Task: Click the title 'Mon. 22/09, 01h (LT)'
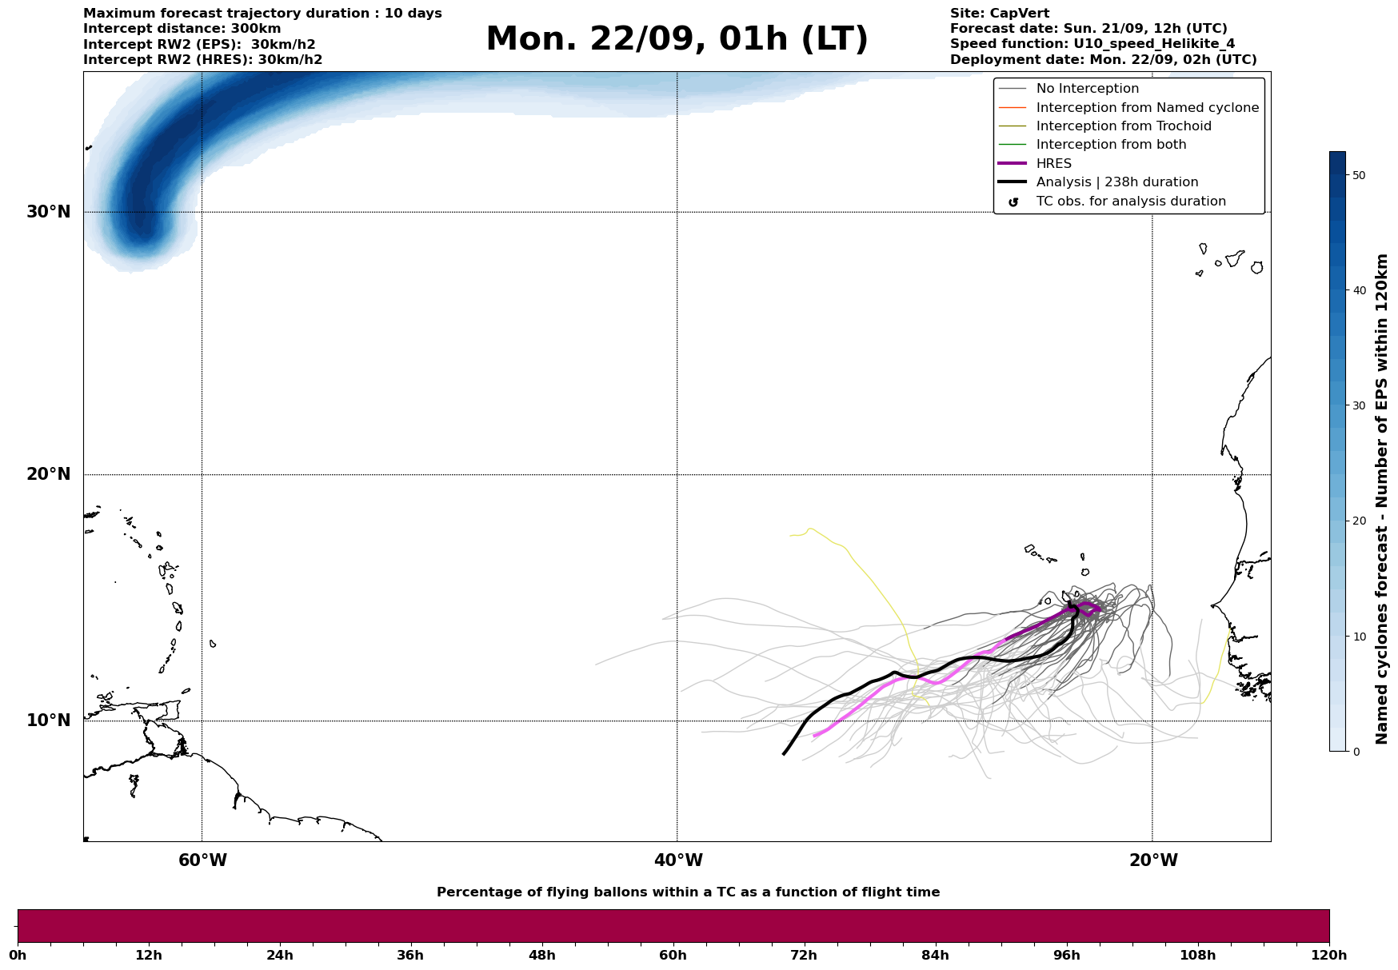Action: [677, 39]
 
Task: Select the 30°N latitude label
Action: [49, 212]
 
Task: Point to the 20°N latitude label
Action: [49, 474]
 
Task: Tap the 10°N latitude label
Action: [49, 721]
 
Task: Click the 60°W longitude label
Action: [202, 860]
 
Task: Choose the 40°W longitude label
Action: [678, 860]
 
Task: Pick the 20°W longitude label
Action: [1153, 860]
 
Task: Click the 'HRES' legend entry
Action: [1053, 164]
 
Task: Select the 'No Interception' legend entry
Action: [1087, 89]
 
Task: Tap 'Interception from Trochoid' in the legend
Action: [1123, 126]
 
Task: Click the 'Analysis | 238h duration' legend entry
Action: [1116, 182]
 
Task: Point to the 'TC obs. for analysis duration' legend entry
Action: [1130, 202]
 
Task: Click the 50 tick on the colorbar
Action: [1358, 175]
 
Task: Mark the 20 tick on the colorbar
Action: [1358, 521]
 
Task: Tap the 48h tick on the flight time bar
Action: [541, 956]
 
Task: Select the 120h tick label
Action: [1329, 956]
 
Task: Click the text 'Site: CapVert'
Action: [1000, 14]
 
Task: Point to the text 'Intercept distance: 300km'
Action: [182, 29]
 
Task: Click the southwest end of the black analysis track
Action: [784, 753]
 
